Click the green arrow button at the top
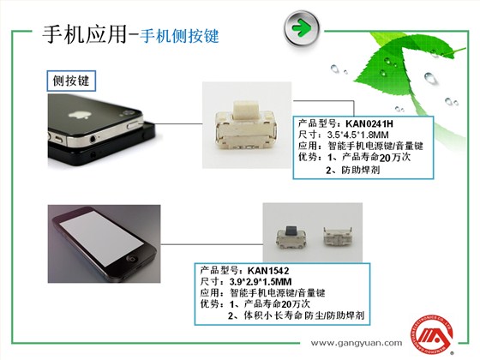pyautogui.click(x=302, y=28)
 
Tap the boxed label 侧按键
pyautogui.click(x=71, y=81)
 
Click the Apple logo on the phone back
pyautogui.click(x=79, y=115)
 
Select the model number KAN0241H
pyautogui.click(x=369, y=123)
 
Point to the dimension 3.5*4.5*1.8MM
pyautogui.click(x=358, y=135)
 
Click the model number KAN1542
pyautogui.click(x=268, y=271)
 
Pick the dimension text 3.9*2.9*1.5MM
pyautogui.click(x=261, y=282)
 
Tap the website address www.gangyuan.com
pyautogui.click(x=357, y=343)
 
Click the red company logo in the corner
pyautogui.click(x=432, y=335)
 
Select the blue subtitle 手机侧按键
pyautogui.click(x=179, y=36)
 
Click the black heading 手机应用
pyautogui.click(x=85, y=34)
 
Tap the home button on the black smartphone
pyautogui.click(x=133, y=258)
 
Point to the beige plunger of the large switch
pyautogui.click(x=246, y=111)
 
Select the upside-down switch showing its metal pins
pyautogui.click(x=339, y=237)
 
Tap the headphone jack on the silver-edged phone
pyautogui.click(x=93, y=140)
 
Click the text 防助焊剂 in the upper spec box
pyautogui.click(x=361, y=170)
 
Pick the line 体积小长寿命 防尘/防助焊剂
pyautogui.click(x=304, y=315)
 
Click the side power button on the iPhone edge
pyautogui.click(x=134, y=125)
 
